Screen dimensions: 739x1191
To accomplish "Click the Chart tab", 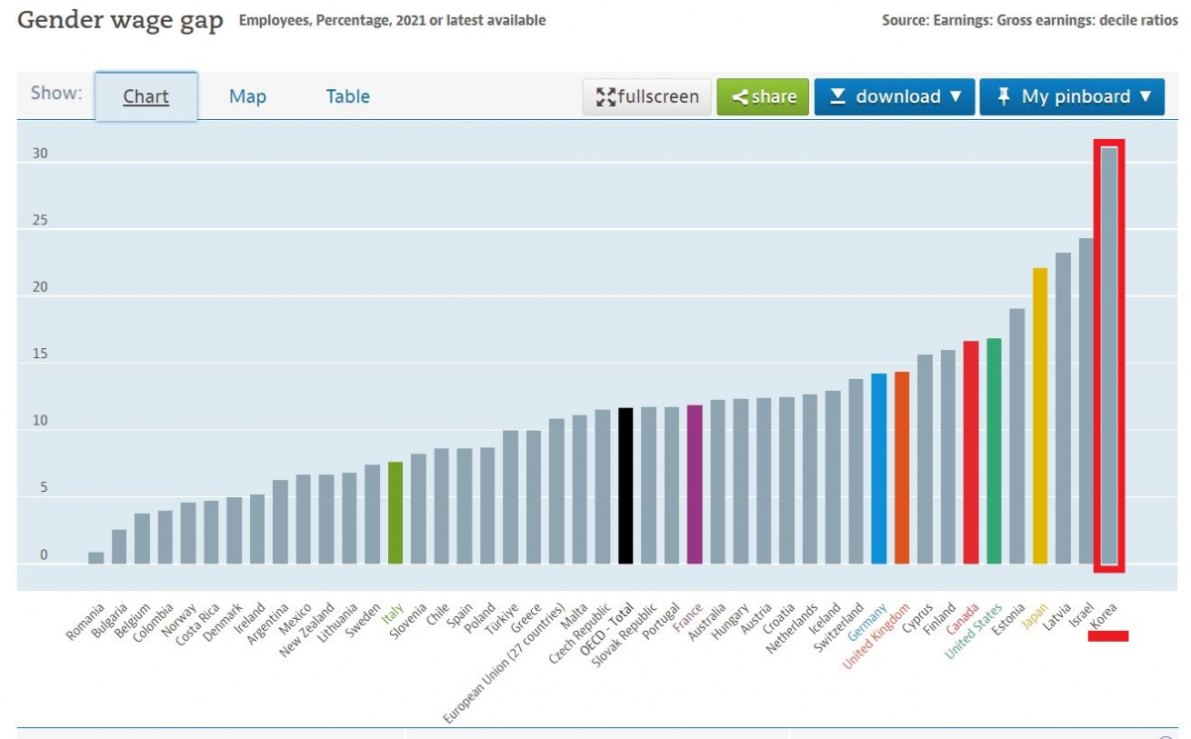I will (146, 96).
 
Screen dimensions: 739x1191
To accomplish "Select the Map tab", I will (247, 96).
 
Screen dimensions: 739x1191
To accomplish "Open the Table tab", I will (347, 96).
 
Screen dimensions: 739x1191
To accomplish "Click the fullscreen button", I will (647, 97).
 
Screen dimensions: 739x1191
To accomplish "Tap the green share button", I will (763, 97).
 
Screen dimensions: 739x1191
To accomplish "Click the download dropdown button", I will (894, 97).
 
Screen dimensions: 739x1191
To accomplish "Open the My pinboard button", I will (1072, 97).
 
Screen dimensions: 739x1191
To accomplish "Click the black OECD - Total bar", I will (625, 486).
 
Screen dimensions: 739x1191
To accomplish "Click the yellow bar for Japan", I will (1040, 417).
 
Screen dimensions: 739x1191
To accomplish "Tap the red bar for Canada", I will (971, 452).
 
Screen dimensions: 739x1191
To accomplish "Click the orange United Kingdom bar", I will (901, 467).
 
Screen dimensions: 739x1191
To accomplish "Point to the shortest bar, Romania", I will (96, 557).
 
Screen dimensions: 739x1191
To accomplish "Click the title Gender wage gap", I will (120, 21).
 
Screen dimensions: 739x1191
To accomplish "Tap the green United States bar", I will (993, 451).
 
